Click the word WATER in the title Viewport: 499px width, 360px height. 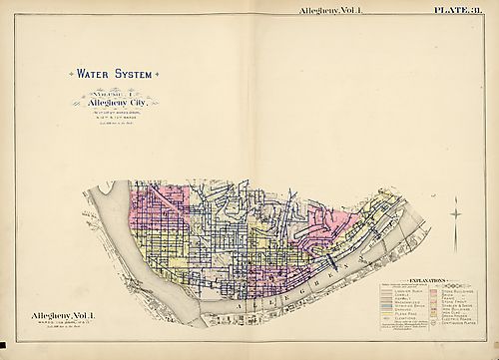point(89,73)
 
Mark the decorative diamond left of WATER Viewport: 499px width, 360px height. point(66,73)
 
